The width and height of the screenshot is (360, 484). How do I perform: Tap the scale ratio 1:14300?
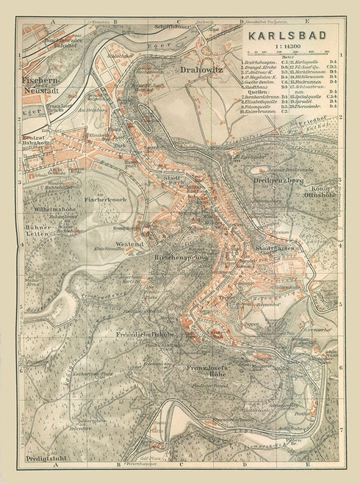tap(289, 46)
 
